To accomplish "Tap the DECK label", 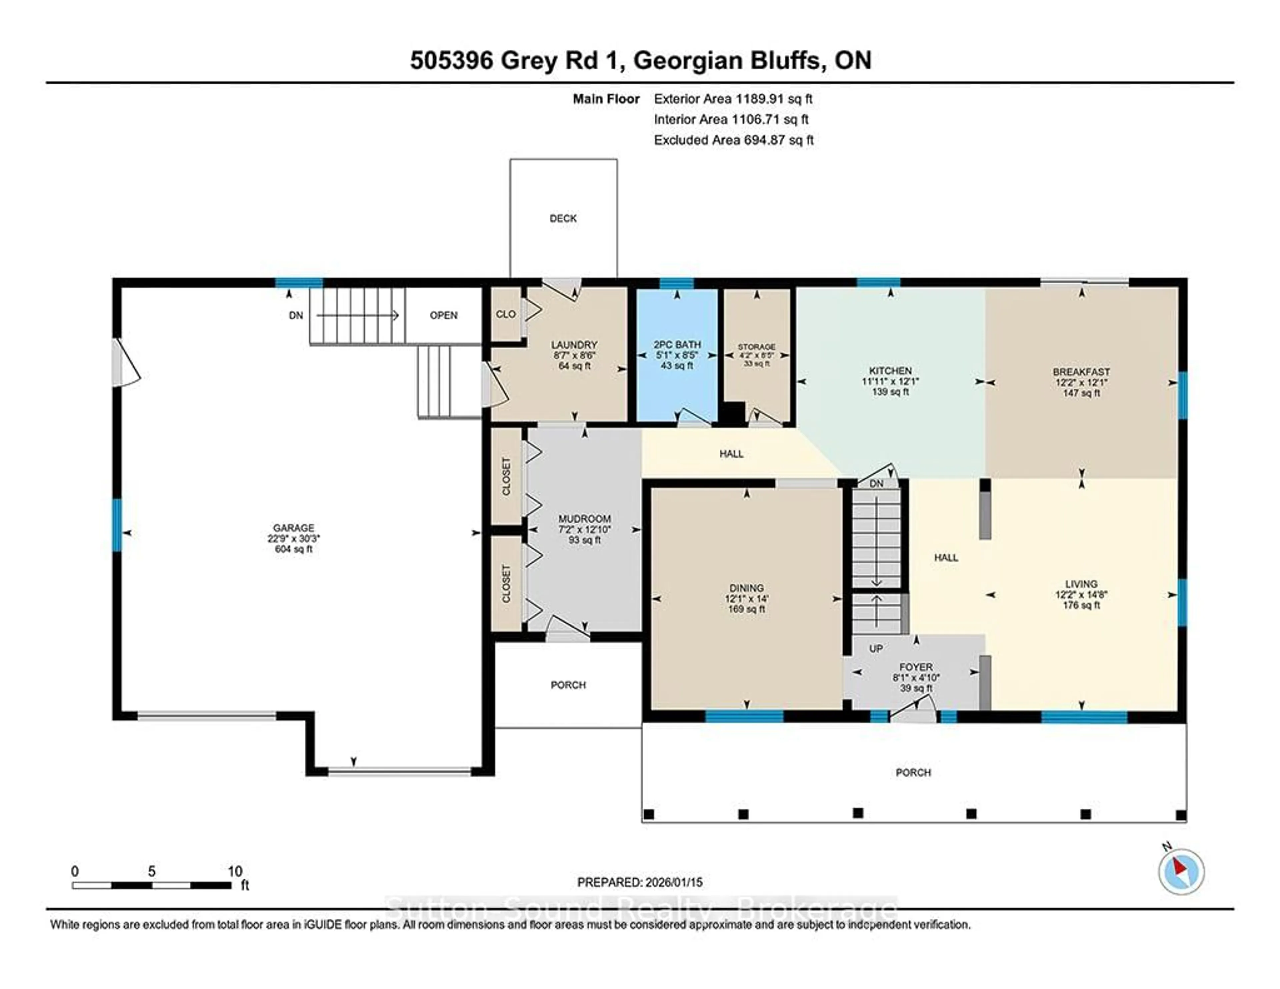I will point(563,218).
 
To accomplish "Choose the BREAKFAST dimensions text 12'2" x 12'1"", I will point(1081,382).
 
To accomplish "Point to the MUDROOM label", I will point(584,519).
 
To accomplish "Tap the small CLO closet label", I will point(506,314).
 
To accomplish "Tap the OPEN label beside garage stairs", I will point(444,315).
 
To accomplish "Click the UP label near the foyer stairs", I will point(876,649).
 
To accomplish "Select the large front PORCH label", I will point(913,773).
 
